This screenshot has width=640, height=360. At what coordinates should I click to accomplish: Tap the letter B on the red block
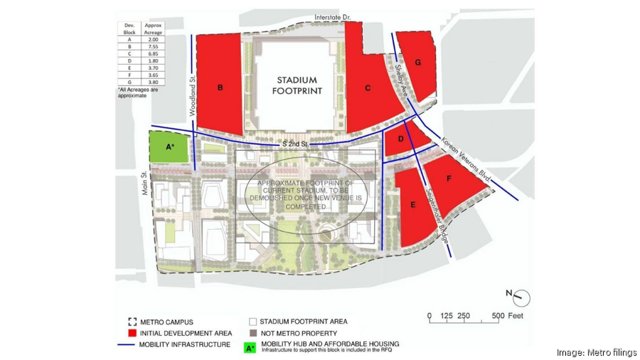click(220, 88)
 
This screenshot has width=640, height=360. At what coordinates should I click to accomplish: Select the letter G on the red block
click(418, 63)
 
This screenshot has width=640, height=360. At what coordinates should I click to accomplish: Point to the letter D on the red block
click(401, 139)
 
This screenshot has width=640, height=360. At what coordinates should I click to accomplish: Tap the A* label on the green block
click(169, 147)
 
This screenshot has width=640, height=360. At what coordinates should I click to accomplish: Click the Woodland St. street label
click(191, 97)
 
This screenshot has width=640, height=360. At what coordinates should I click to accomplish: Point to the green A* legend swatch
click(250, 348)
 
